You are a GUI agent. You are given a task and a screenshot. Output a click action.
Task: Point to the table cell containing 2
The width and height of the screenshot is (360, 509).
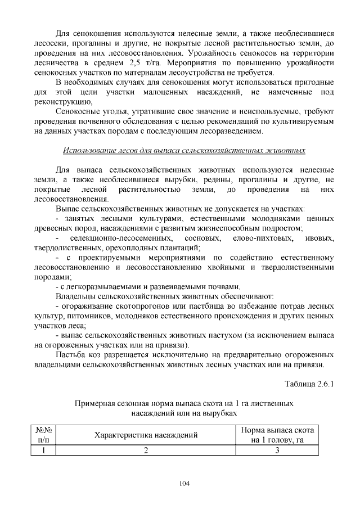coord(146,450)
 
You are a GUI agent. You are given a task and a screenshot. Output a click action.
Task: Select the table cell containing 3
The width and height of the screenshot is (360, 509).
coord(277,450)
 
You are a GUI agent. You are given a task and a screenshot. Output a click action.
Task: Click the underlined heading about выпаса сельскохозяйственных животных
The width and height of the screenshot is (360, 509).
coord(184,151)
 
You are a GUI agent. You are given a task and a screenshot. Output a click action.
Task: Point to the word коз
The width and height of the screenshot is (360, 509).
coord(99,355)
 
